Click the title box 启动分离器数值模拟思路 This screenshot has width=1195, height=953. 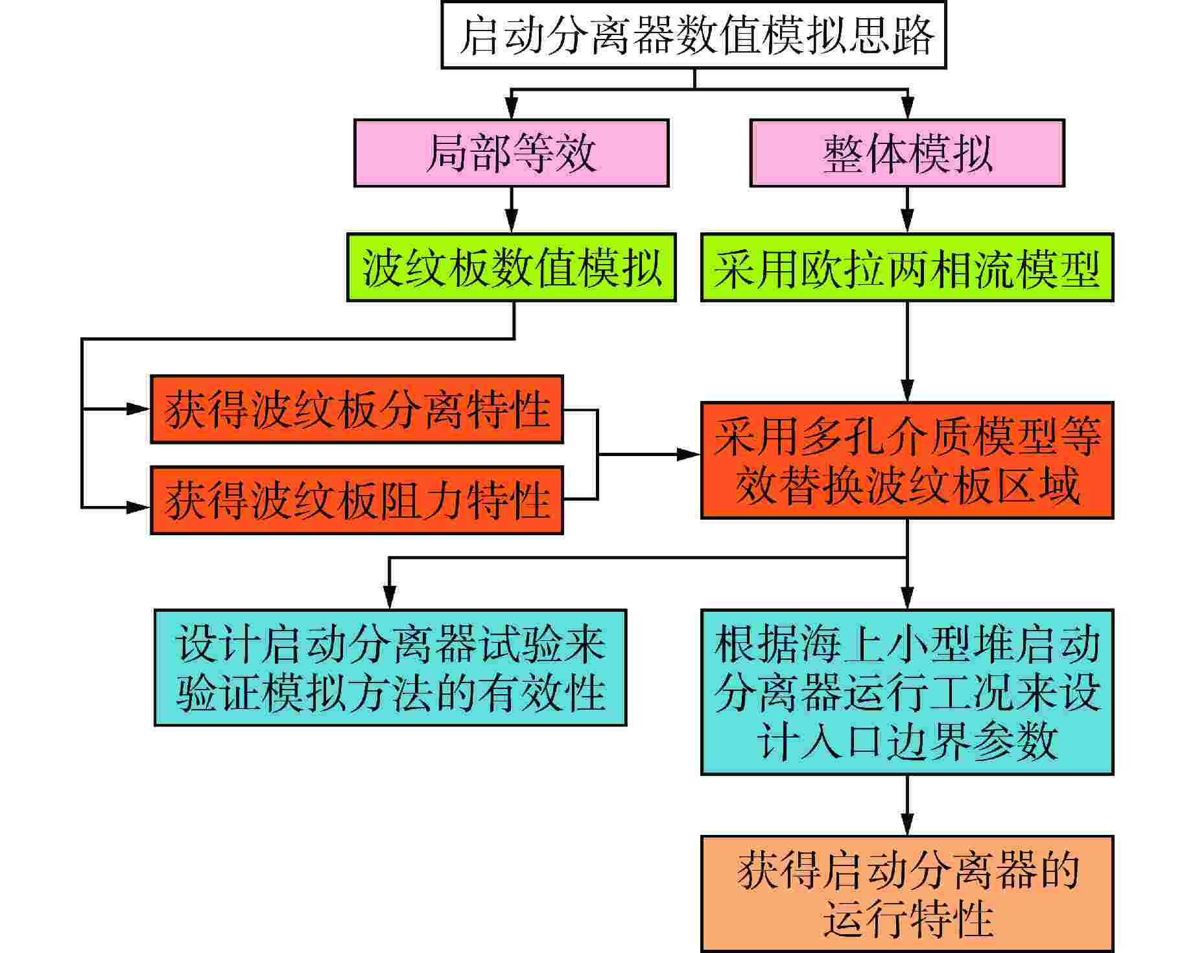(x=694, y=34)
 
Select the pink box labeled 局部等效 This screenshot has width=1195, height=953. (x=512, y=153)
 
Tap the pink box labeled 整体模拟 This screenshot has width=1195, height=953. (x=907, y=153)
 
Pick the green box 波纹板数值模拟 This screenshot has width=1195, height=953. (x=512, y=267)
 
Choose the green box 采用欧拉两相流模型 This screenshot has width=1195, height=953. (x=907, y=267)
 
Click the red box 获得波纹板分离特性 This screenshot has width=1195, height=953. (x=357, y=409)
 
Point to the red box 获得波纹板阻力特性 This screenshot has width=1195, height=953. (x=357, y=500)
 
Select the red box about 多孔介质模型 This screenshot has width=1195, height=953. (x=907, y=460)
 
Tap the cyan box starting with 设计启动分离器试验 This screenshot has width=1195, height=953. (x=390, y=668)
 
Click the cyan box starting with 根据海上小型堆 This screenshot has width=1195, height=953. (x=907, y=692)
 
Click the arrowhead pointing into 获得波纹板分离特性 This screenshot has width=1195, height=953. (x=138, y=409)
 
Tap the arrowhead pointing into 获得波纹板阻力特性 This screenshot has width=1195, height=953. (x=138, y=507)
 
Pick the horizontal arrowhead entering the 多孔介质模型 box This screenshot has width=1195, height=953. (x=689, y=454)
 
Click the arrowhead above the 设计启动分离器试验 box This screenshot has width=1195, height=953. (x=389, y=597)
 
